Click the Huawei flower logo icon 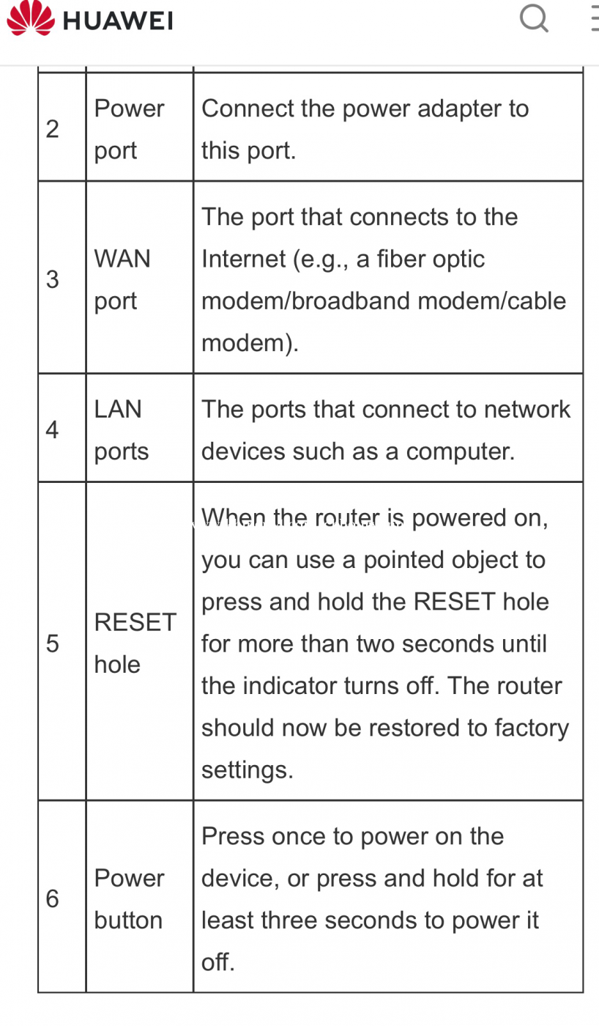(x=30, y=18)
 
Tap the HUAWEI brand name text (x=118, y=21)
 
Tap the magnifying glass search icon (x=534, y=18)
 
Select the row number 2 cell (x=53, y=129)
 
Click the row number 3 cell (x=53, y=279)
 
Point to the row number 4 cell (x=53, y=429)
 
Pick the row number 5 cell (x=53, y=643)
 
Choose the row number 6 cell (x=53, y=898)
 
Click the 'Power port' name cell (x=129, y=129)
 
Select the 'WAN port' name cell (x=122, y=279)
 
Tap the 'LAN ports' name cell (x=122, y=429)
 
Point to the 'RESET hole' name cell (x=135, y=643)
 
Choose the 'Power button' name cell (x=129, y=898)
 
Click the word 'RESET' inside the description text (x=454, y=602)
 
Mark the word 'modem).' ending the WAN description (x=250, y=343)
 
